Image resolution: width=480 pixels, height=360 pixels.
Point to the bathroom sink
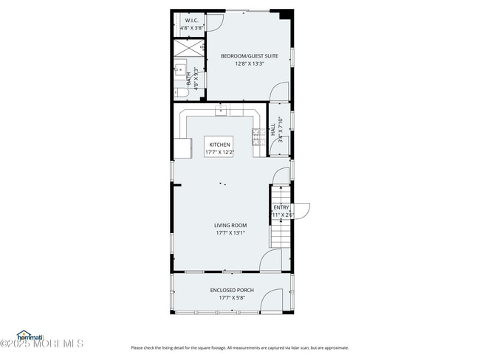179,70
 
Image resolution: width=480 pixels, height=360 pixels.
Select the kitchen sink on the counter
221,111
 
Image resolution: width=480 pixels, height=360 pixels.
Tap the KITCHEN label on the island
219,145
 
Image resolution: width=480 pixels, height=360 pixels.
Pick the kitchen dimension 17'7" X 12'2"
219,152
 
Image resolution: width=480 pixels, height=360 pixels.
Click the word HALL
272,128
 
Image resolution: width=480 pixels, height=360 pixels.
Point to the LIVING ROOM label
230,225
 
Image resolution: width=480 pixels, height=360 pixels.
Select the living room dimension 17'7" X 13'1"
230,232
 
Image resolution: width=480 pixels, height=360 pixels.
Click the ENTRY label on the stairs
281,208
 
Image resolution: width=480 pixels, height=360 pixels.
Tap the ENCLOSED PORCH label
231,291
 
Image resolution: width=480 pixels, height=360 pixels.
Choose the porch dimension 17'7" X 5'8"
231,298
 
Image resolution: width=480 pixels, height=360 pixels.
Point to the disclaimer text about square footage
240,347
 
